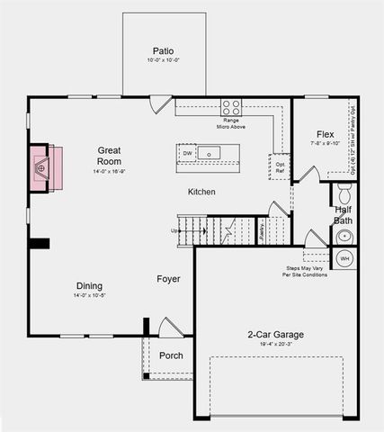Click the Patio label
point(163,51)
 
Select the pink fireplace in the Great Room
point(44,167)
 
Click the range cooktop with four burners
point(231,105)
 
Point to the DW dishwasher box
point(188,154)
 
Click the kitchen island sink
point(209,155)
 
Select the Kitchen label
point(201,193)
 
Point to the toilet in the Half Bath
point(344,193)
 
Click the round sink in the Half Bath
point(344,237)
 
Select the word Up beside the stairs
point(174,230)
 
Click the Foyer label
point(168,279)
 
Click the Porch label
point(171,355)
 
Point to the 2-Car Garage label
point(275,335)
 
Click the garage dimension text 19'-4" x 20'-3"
point(275,345)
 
